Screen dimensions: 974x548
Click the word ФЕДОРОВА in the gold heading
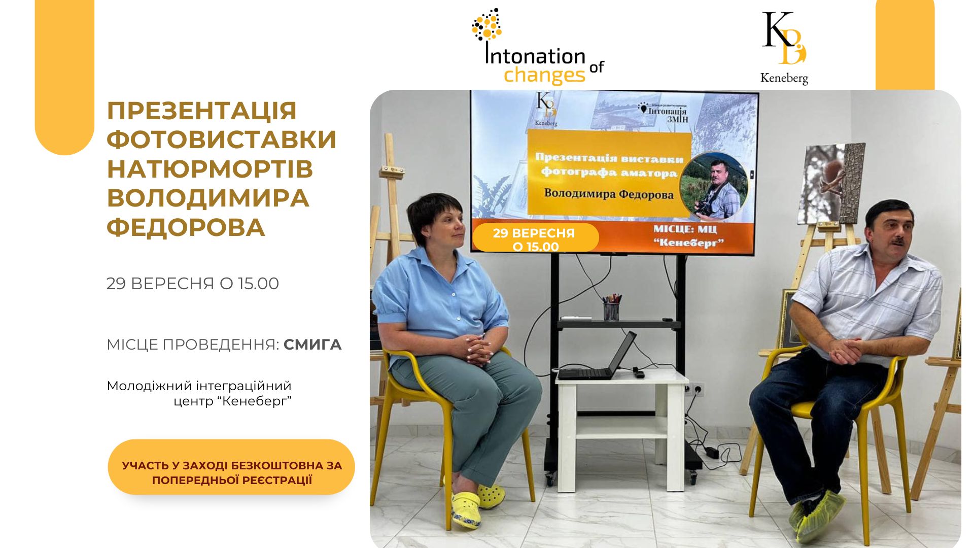186,227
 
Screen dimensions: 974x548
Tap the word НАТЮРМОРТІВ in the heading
210,169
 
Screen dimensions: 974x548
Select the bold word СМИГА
312,345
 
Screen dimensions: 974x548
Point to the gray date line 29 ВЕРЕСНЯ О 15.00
193,283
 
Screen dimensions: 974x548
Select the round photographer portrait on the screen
714,186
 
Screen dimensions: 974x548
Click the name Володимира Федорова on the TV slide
609,194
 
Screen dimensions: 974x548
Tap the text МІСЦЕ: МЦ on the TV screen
685,229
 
